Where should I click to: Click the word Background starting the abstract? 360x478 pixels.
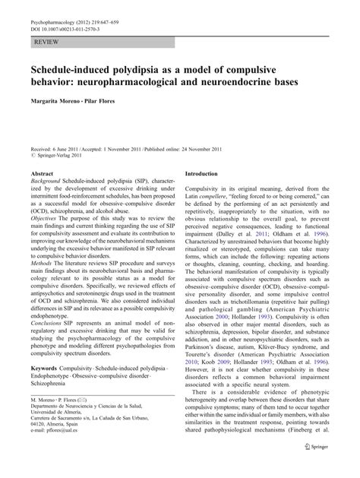[46, 183]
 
